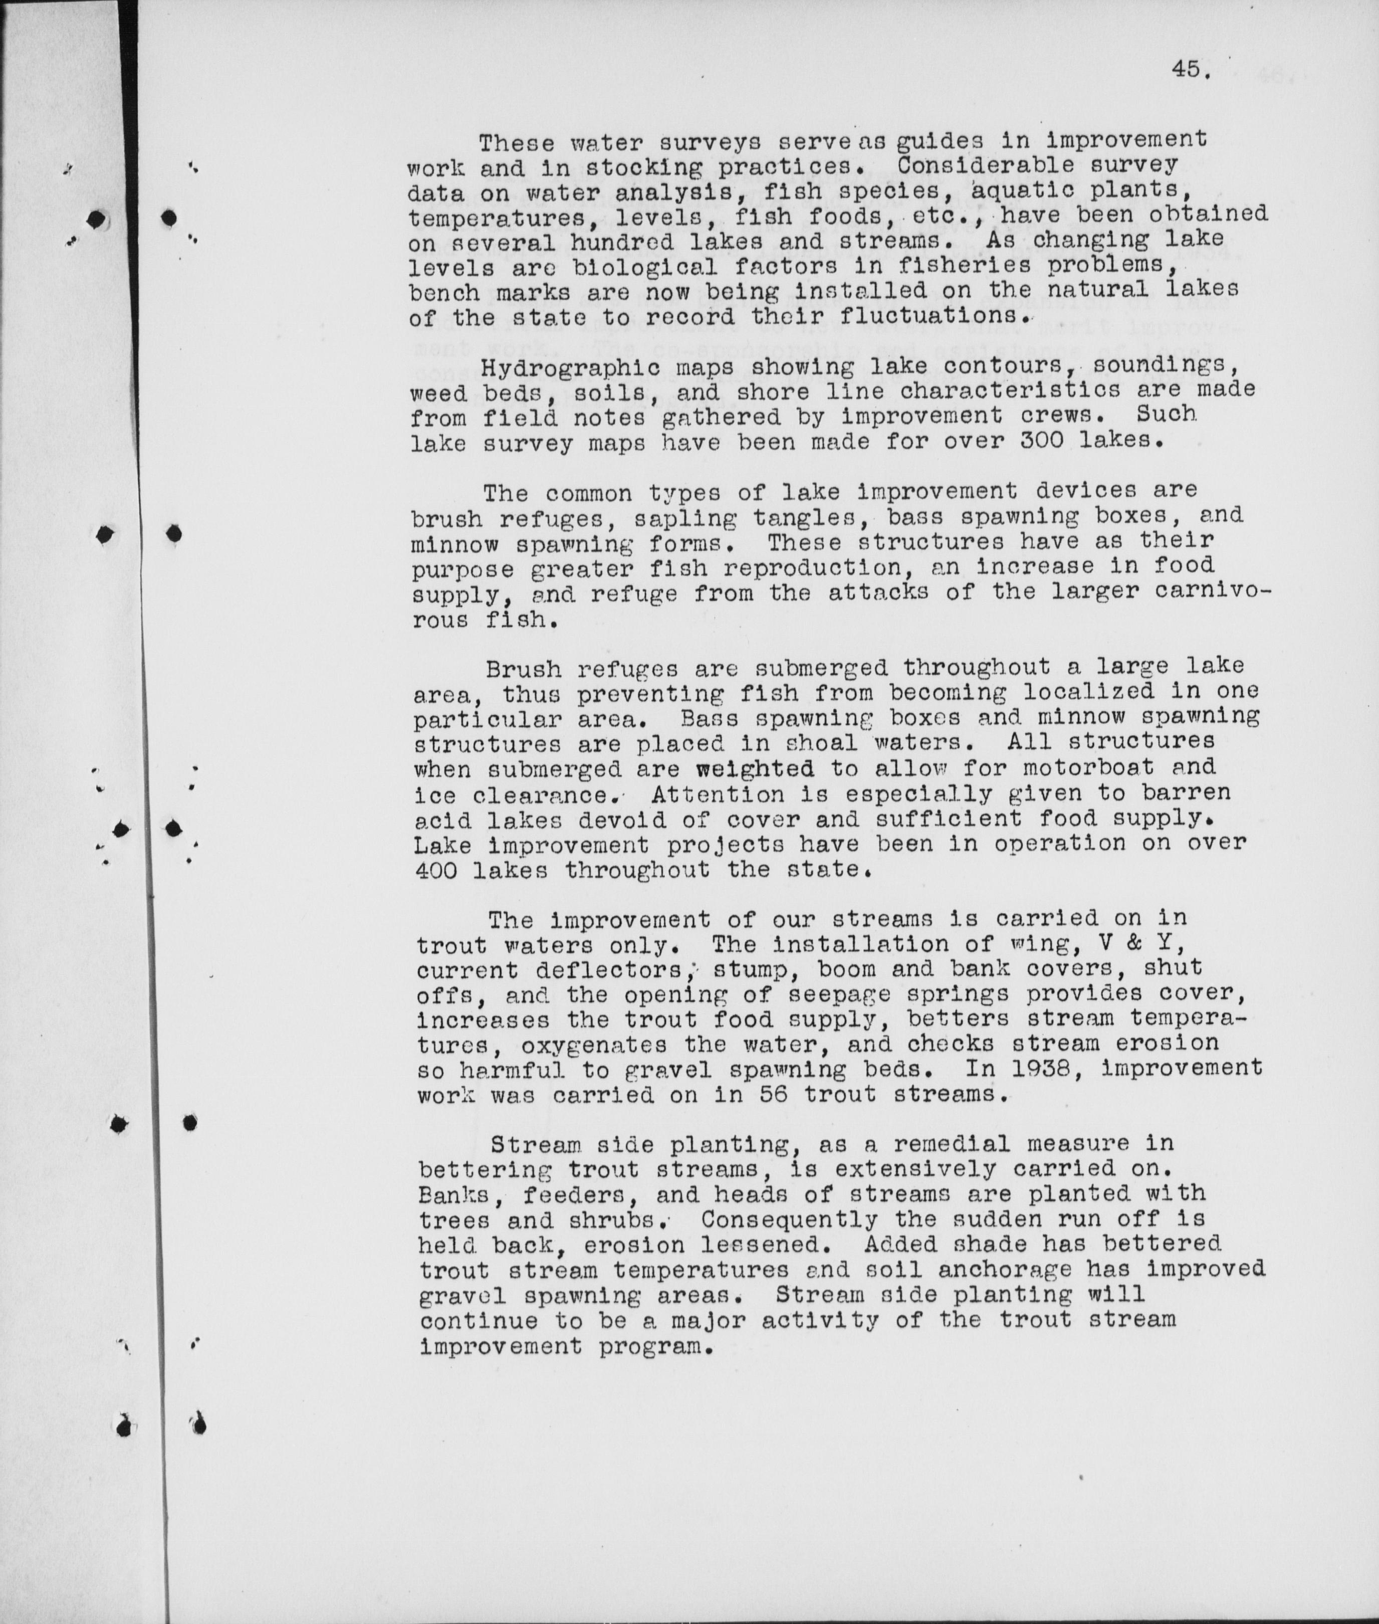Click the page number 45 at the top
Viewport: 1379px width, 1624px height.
coord(1190,70)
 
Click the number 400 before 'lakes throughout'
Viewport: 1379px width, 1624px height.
coord(441,870)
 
